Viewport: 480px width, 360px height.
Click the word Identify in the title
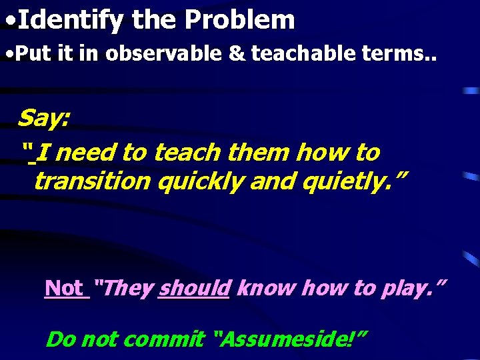pyautogui.click(x=70, y=21)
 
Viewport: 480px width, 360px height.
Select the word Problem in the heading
pyautogui.click(x=239, y=20)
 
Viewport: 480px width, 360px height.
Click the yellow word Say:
pyautogui.click(x=44, y=119)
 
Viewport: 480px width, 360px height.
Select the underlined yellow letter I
pyautogui.click(x=41, y=153)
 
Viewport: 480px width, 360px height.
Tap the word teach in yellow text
pyautogui.click(x=189, y=153)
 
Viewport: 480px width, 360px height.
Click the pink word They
pyautogui.click(x=124, y=289)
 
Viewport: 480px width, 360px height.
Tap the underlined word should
pyautogui.click(x=194, y=289)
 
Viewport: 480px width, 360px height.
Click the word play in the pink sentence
pyautogui.click(x=413, y=289)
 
